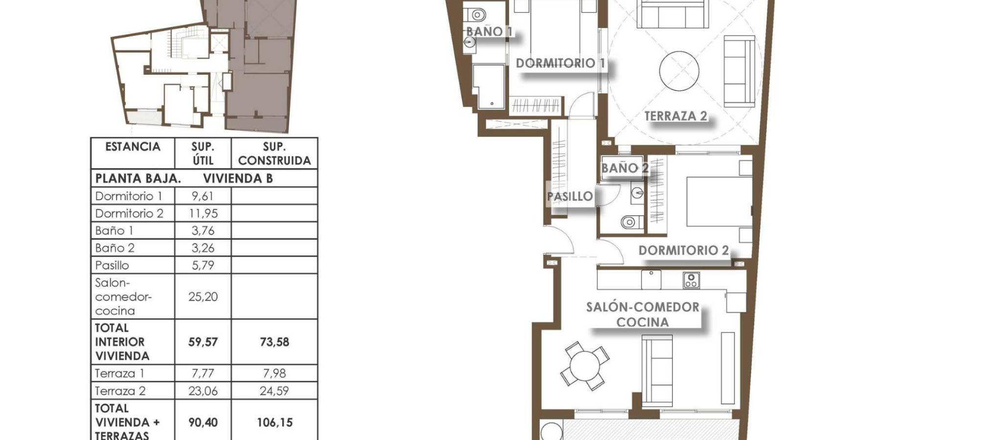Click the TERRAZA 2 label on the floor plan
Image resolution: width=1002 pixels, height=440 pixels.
(x=676, y=116)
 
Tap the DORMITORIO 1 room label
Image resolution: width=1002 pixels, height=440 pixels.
(x=561, y=63)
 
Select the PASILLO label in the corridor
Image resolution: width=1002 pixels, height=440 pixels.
(x=570, y=197)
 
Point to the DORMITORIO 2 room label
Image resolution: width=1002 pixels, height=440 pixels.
(x=683, y=250)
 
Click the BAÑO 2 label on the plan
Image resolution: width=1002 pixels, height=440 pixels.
(x=625, y=168)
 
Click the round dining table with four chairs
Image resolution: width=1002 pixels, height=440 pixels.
(x=585, y=366)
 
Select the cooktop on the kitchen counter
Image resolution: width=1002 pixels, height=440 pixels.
(x=691, y=280)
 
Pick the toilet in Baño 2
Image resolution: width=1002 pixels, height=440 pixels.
(x=630, y=222)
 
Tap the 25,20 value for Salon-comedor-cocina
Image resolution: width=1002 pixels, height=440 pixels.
(x=203, y=296)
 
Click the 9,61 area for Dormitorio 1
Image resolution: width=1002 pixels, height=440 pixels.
(x=203, y=196)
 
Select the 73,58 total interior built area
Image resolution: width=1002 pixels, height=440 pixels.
(x=274, y=342)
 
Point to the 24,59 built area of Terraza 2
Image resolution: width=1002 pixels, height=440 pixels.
(x=274, y=391)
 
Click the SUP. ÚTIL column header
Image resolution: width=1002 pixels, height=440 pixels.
(x=203, y=154)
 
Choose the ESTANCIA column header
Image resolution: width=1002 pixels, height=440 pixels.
(x=133, y=147)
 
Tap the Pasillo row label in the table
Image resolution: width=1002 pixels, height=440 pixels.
(x=112, y=265)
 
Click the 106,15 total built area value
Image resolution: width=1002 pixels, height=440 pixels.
(x=274, y=422)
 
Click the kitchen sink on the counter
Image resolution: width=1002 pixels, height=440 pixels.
(x=651, y=280)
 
